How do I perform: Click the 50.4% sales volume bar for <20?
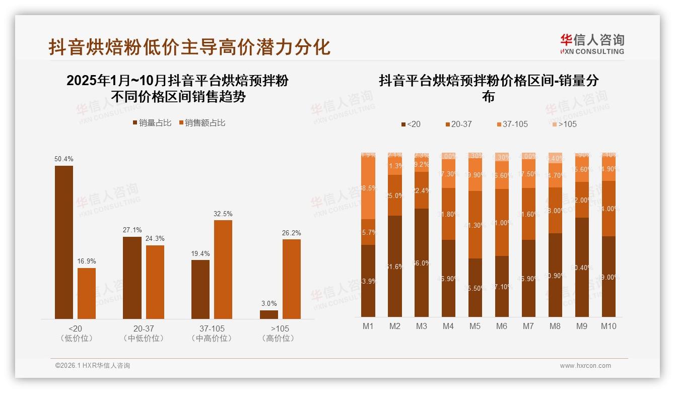point(64,242)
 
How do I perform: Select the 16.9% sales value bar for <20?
point(87,293)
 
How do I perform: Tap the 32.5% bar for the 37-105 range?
point(223,269)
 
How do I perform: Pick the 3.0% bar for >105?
point(268,314)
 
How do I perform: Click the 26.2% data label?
point(292,233)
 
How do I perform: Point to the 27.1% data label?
point(132,230)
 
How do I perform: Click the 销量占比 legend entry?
point(152,123)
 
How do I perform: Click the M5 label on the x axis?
point(475,326)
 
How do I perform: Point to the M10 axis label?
point(609,326)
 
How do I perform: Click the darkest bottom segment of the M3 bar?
point(422,263)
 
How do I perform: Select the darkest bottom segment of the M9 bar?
point(582,267)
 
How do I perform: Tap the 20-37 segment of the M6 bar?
point(502,222)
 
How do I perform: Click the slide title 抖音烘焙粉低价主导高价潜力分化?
point(189,47)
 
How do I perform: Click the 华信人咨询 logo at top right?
point(592,44)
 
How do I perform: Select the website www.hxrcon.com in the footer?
point(585,366)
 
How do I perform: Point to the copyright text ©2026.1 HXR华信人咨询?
point(93,366)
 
